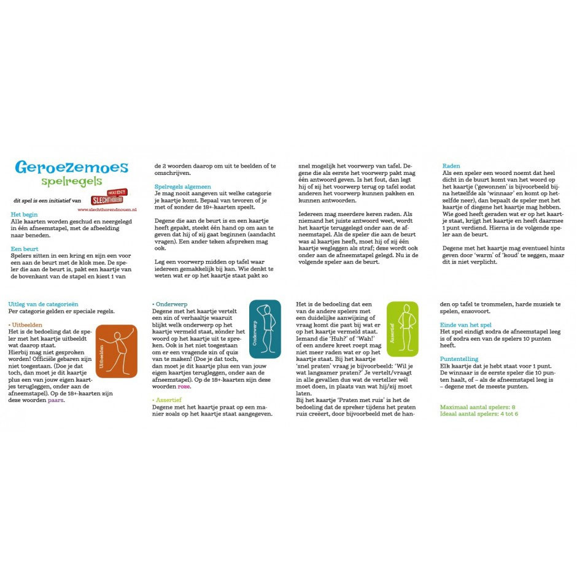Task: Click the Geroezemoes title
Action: (x=71, y=168)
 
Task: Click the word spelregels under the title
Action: (x=71, y=182)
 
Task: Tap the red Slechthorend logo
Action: (x=109, y=198)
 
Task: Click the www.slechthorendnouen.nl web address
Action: (x=107, y=209)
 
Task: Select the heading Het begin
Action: (x=24, y=215)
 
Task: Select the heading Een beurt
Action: (x=25, y=249)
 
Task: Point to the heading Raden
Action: (x=451, y=166)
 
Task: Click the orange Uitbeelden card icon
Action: (x=117, y=351)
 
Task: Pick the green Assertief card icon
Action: (x=403, y=330)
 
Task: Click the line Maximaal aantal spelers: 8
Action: (x=477, y=406)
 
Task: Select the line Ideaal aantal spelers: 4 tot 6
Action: (x=479, y=414)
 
